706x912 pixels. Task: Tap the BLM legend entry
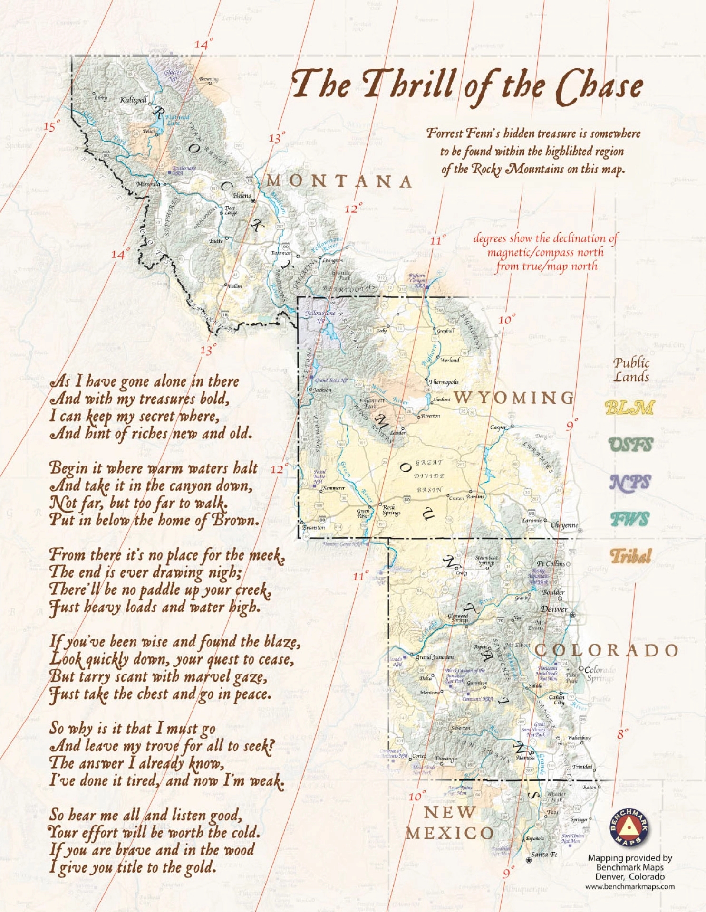tap(629, 408)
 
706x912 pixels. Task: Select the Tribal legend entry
tap(630, 556)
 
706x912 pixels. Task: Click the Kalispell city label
tap(133, 100)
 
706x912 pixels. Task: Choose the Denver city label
tap(554, 609)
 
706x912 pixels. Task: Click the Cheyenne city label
tap(564, 525)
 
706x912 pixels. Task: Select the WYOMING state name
tap(513, 398)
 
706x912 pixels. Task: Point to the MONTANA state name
tap(339, 181)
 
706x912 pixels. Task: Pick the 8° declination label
tap(623, 734)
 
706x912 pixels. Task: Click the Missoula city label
tap(148, 184)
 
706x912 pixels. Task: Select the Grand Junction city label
tap(435, 657)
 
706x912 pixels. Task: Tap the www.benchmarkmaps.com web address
tap(629, 886)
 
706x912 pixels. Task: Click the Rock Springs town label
tap(391, 510)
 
